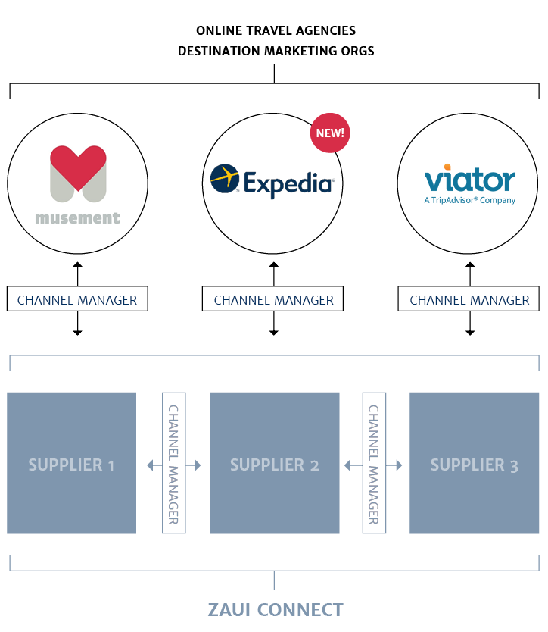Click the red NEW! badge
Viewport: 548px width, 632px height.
point(329,133)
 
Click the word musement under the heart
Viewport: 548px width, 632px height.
point(77,219)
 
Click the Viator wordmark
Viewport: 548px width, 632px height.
point(469,180)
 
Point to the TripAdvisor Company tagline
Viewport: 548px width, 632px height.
point(469,200)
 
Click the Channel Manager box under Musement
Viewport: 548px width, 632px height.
point(77,300)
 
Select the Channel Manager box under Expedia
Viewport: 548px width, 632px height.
point(273,300)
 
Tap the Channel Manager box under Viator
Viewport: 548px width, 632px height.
point(469,300)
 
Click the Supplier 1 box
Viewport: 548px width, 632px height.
point(71,464)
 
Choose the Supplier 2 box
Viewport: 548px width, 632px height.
point(274,464)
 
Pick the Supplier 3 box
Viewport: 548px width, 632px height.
point(474,464)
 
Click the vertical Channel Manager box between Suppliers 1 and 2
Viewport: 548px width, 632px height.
point(173,464)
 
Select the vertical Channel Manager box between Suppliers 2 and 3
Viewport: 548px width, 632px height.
point(374,464)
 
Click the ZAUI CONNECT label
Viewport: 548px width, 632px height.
point(275,609)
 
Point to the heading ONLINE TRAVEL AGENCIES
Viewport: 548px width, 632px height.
point(276,30)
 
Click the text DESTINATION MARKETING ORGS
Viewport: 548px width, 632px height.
point(276,51)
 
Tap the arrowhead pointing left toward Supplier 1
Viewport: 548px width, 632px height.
point(150,465)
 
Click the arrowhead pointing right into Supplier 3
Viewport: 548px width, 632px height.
point(398,465)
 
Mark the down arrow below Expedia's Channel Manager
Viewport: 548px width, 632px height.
point(274,331)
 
